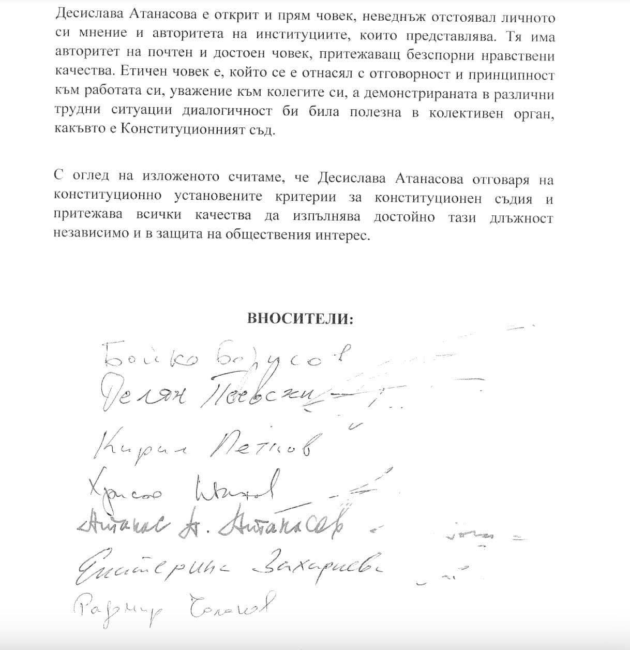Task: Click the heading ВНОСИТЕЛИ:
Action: click(x=301, y=318)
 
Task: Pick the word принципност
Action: click(x=518, y=75)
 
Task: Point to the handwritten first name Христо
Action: click(x=126, y=488)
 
